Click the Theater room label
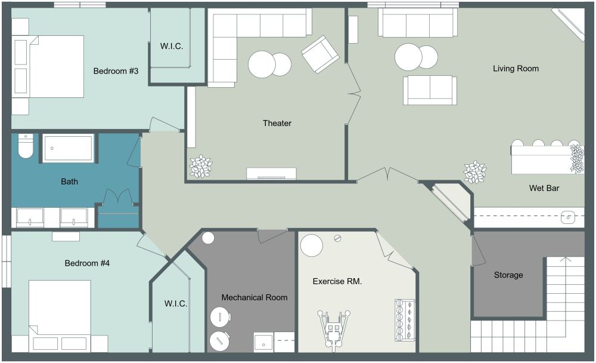click(x=277, y=123)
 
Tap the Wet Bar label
click(x=544, y=188)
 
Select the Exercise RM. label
click(x=337, y=281)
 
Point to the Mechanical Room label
click(x=254, y=297)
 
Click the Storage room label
click(x=508, y=275)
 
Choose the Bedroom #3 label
click(x=116, y=72)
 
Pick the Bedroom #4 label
click(x=87, y=263)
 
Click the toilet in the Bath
click(x=25, y=146)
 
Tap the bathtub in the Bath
click(x=68, y=147)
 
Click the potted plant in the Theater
click(x=200, y=166)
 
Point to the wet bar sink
click(x=568, y=217)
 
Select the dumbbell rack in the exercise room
click(x=400, y=320)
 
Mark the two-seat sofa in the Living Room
click(x=430, y=90)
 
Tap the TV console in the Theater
click(x=271, y=174)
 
